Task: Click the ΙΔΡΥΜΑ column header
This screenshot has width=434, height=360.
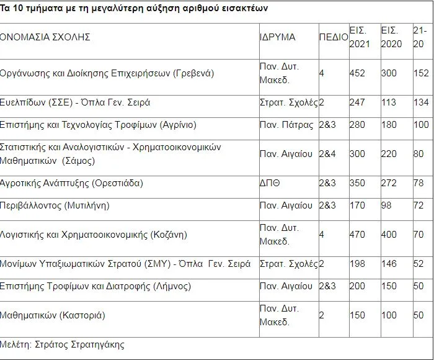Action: pos(277,37)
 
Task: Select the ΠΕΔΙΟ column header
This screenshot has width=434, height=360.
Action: pos(334,37)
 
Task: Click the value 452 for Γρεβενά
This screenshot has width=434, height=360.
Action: pos(357,73)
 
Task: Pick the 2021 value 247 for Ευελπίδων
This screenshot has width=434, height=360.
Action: pos(357,102)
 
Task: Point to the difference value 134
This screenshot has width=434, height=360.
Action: pos(420,102)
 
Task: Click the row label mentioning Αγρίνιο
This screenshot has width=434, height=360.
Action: pos(99,125)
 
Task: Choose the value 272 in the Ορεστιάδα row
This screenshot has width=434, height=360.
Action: pos(389,183)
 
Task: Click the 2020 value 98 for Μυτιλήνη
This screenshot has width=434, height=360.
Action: pos(387,205)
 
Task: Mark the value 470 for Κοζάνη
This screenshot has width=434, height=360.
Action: pos(358,235)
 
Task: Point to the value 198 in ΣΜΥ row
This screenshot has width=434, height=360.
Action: pos(357,264)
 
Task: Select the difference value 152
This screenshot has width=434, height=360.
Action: pos(420,73)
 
